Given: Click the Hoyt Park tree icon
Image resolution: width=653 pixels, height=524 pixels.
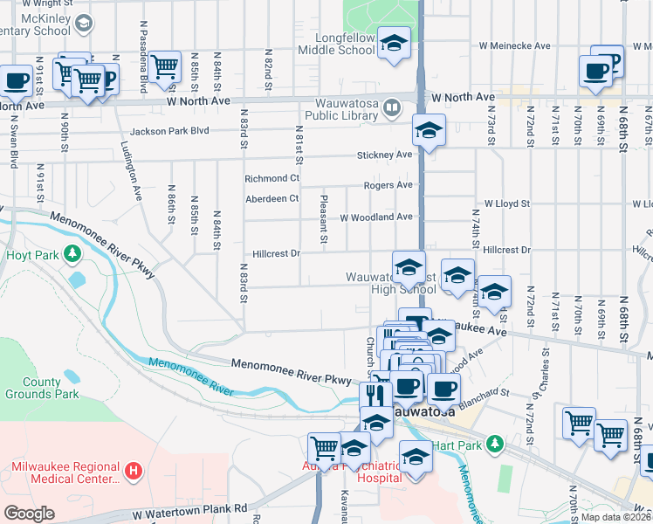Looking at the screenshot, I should pos(73,254).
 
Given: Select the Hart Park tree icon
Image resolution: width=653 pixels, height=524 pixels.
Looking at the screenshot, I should pos(495,444).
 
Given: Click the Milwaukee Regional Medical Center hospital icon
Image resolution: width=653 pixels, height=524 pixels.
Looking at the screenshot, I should pos(133,472).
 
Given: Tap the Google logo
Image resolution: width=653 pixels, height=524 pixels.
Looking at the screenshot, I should pos(28,514).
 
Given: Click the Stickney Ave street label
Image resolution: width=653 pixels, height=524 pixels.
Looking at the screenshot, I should pos(384,155).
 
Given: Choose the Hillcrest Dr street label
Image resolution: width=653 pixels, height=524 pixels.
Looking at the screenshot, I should pos(276,254).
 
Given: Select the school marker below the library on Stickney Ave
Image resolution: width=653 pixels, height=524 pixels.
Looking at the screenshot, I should pos(429,131).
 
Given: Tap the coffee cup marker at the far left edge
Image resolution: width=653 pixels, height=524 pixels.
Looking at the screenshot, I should pos(16,81).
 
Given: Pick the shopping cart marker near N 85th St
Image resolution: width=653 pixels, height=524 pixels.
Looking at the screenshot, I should pos(163,66).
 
